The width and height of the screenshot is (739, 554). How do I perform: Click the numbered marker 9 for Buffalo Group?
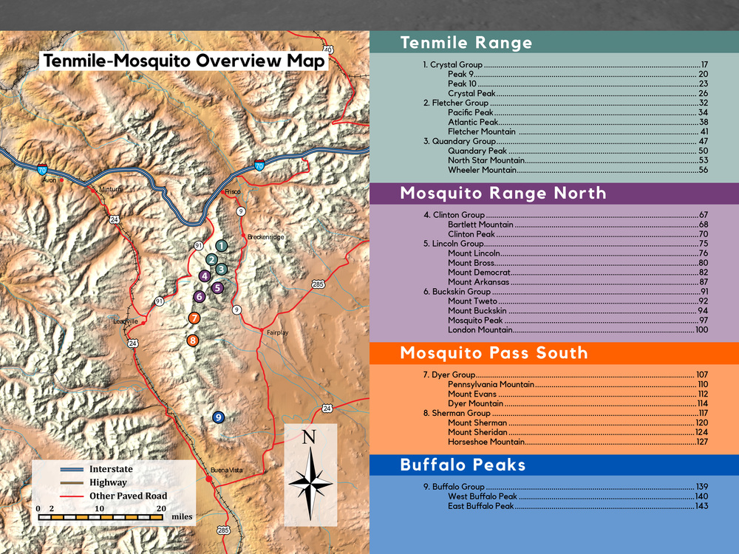pos(218,417)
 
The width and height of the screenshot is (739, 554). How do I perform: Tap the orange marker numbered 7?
pos(194,318)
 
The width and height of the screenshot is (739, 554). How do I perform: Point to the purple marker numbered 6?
pos(199,296)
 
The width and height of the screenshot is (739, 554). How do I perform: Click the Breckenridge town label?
pos(265,237)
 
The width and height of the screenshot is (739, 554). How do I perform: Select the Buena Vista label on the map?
pos(226,471)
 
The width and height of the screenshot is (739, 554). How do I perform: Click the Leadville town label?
pos(125,321)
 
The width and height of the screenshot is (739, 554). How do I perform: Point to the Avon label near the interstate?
pos(50,179)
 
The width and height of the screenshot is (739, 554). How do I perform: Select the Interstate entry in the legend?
pos(111,469)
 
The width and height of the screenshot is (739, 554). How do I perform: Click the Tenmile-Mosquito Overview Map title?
pos(183,61)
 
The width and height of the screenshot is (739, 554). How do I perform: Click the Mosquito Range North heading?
pos(503,194)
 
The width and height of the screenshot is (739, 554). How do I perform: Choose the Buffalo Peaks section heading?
pos(463,465)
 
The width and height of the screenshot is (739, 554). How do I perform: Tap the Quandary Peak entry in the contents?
pos(477,151)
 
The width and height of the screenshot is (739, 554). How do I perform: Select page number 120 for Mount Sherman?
pos(701,423)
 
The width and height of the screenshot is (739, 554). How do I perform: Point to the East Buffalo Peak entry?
pos(480,506)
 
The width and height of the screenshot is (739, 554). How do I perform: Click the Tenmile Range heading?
pos(466,43)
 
